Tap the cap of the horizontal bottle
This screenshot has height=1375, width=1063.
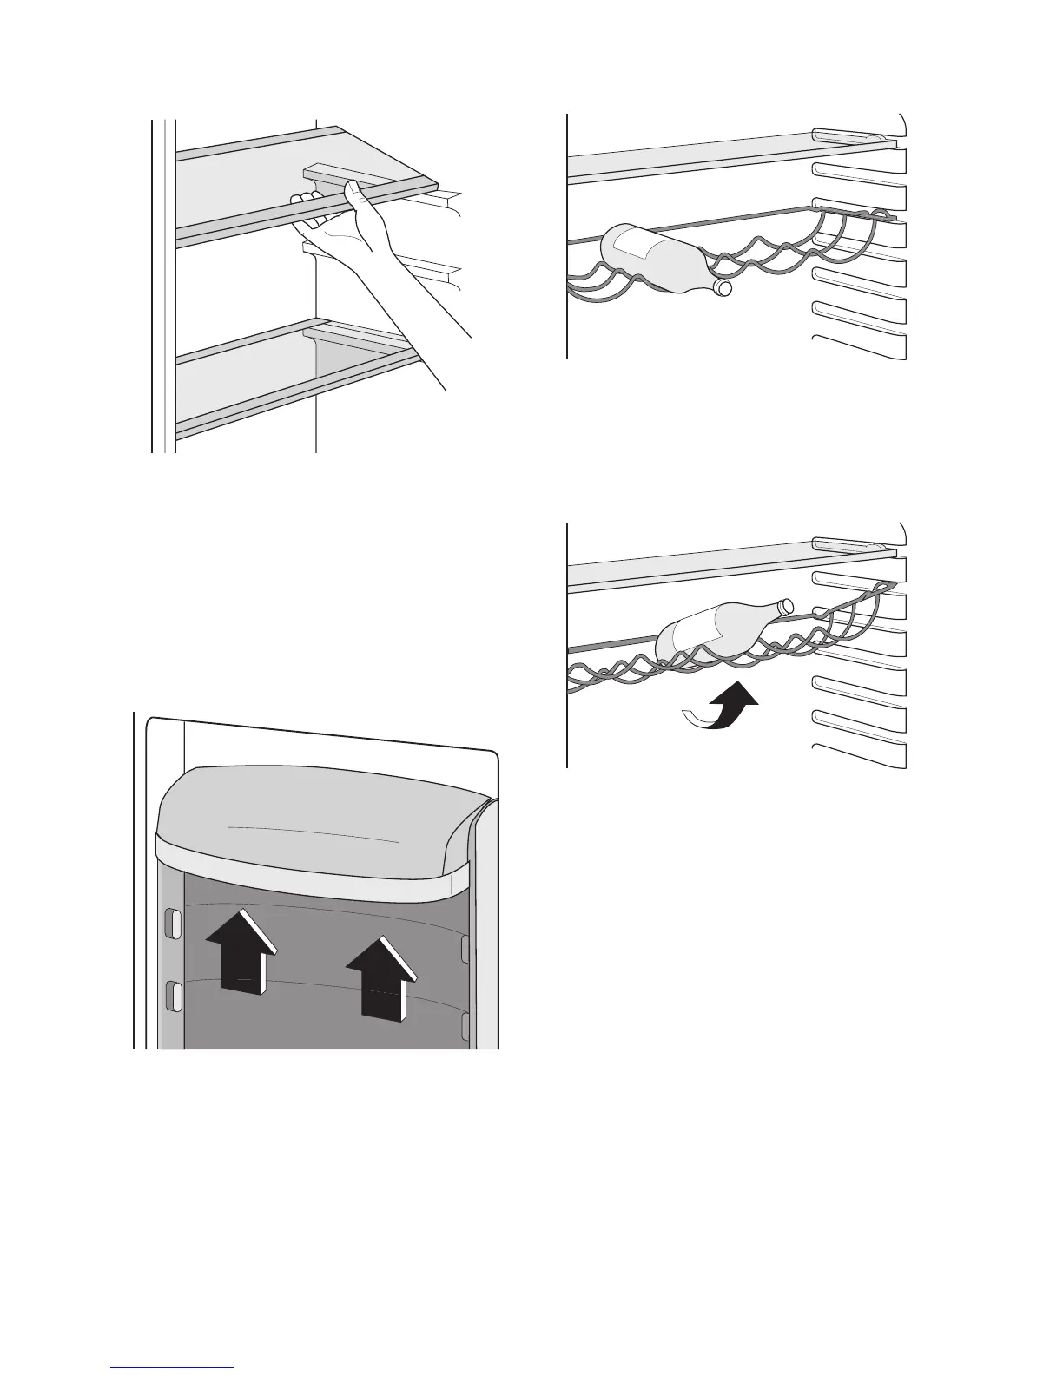click(x=723, y=286)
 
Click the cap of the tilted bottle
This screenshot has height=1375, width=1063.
click(x=785, y=605)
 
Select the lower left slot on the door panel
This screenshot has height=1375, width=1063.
click(x=173, y=995)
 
